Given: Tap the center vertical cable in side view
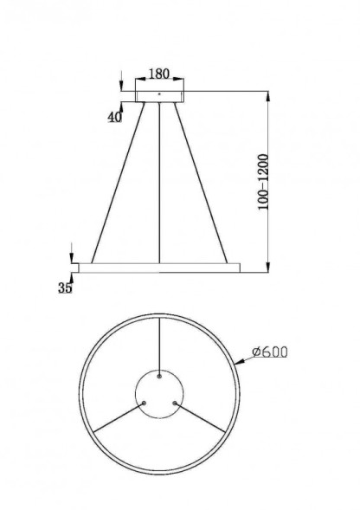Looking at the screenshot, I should click(161, 182).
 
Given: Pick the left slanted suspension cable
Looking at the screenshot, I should click(117, 182).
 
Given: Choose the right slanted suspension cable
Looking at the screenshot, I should click(204, 182).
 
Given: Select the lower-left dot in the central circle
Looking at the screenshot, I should click(145, 402).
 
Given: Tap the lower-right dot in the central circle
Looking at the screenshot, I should click(176, 402).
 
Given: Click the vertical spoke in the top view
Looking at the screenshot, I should click(160, 346).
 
